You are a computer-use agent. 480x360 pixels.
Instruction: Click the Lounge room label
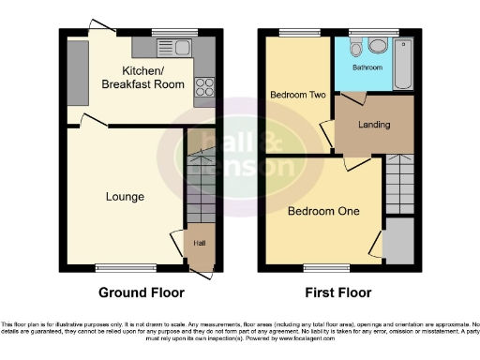tap(125, 197)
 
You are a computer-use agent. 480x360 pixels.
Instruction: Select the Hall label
tap(200, 244)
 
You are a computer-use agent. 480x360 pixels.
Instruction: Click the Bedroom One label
tap(323, 211)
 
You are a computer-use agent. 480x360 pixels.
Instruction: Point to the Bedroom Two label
tap(296, 96)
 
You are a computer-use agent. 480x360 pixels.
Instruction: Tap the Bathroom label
tap(367, 67)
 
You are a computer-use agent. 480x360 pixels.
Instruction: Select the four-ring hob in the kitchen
tap(203, 87)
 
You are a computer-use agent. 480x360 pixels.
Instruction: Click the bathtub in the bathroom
tap(402, 63)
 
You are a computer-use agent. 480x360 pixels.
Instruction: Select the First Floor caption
tap(338, 292)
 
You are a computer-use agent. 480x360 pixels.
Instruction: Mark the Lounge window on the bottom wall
tap(125, 268)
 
